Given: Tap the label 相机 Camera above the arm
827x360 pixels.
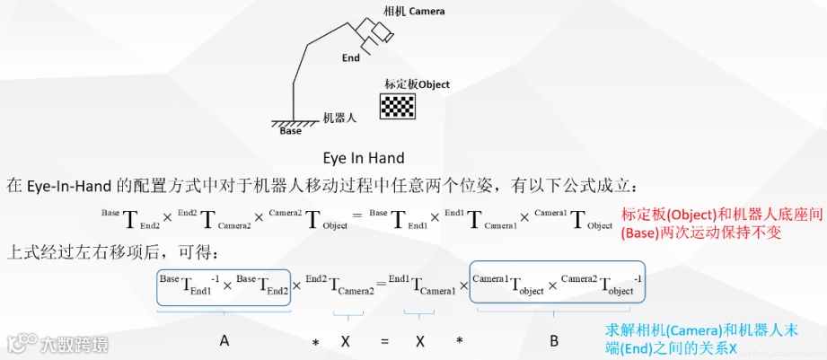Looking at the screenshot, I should (414, 12).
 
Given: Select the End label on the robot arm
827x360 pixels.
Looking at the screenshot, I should (351, 58).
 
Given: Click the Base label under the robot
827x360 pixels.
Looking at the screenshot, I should (291, 131).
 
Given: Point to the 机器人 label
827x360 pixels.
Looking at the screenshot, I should (340, 118).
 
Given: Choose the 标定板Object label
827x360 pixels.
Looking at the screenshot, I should (417, 84).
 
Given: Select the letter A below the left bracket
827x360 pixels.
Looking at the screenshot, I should (224, 340).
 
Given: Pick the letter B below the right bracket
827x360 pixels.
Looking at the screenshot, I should (554, 340).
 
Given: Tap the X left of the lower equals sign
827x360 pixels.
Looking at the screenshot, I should (346, 341).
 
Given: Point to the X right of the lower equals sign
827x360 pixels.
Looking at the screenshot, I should (420, 341).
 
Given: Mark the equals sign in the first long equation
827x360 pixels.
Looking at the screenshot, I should (354, 219).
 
